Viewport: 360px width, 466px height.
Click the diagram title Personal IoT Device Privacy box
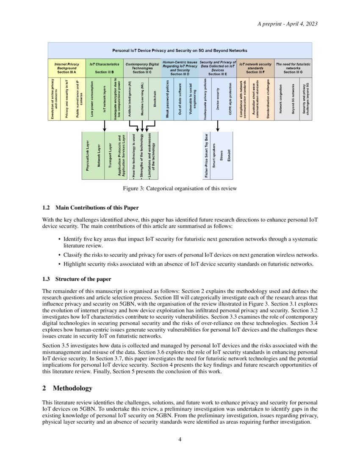tap(180, 50)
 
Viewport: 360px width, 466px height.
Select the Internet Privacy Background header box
tap(66, 68)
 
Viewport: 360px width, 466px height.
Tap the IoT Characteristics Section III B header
tap(104, 68)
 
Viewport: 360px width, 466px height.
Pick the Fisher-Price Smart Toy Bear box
tap(207, 155)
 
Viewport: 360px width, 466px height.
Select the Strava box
tap(221, 155)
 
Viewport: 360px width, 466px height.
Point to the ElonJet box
tap(229, 155)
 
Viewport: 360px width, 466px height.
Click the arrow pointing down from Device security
tap(217, 126)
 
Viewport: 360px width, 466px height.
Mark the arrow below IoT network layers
tap(104, 126)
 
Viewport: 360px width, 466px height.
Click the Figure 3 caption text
tap(180, 188)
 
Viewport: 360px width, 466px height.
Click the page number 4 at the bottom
tap(180, 439)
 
